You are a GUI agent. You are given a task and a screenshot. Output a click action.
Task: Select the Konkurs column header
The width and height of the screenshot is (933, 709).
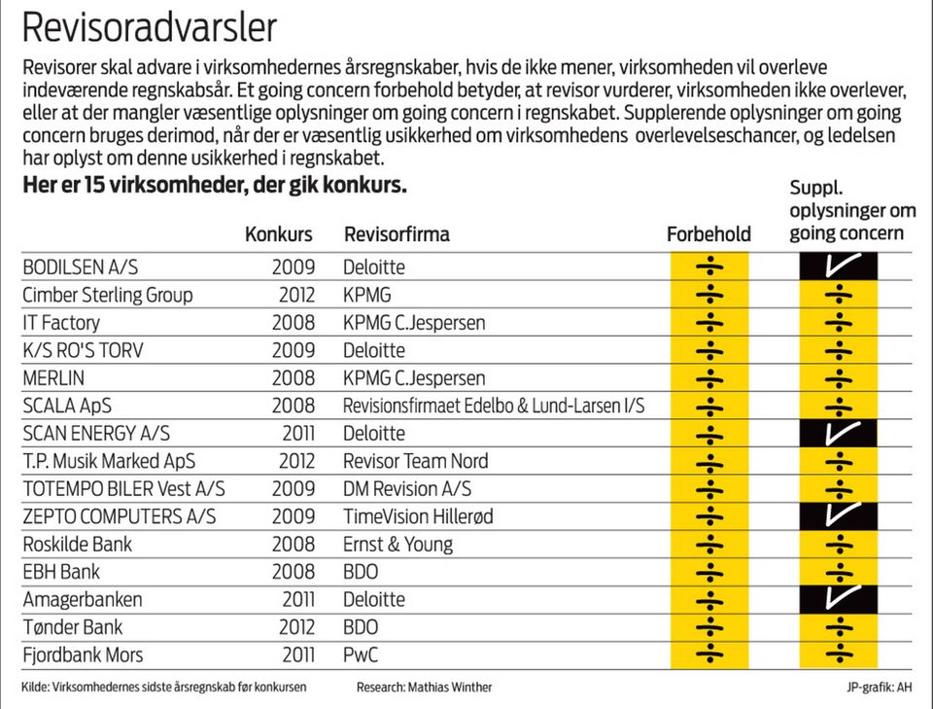pos(279,234)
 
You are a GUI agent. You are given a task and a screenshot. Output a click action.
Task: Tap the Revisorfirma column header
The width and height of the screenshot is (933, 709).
pos(397,234)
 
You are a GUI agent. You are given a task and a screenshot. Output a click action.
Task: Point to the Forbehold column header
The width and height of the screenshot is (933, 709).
pos(708,234)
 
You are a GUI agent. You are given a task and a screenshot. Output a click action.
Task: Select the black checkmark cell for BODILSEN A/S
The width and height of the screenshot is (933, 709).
pos(838,266)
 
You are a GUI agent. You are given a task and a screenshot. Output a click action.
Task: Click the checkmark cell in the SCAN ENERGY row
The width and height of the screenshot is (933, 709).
pos(838,433)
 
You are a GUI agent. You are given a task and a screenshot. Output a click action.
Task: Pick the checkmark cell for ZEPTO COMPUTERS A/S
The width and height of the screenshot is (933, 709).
pos(838,515)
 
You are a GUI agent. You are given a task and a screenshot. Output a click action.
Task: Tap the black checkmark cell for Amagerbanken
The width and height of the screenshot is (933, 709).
pos(838,599)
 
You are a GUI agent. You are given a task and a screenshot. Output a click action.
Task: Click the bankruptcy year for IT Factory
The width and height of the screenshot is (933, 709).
pos(294,322)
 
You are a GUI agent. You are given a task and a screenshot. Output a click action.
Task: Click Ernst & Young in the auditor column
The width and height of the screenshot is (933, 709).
pos(398,544)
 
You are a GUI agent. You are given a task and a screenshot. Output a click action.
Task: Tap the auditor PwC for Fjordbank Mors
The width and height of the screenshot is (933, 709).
pos(361,655)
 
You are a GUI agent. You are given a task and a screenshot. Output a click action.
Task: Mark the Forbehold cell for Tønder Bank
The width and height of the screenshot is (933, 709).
pos(709,627)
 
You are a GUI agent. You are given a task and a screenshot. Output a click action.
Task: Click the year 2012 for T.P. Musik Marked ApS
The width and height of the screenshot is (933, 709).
pos(294,461)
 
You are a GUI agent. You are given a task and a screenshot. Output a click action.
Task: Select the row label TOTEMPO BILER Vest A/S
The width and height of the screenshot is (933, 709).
pos(123,488)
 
